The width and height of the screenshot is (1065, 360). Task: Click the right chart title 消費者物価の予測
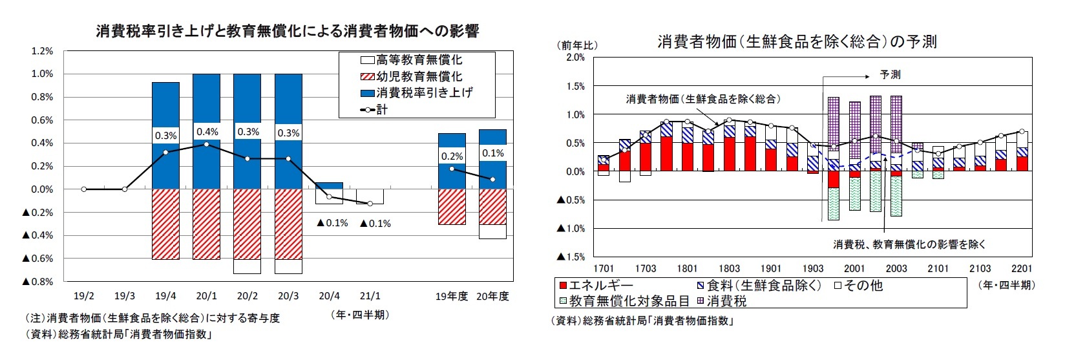coord(796,42)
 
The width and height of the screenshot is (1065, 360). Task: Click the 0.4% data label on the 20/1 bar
coord(207,132)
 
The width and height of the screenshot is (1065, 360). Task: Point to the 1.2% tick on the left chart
coord(42,51)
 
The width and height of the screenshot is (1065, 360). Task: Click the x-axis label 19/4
coord(165,296)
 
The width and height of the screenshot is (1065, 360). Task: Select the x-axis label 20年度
coord(492,296)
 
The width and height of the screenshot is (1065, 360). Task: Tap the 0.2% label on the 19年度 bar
coord(452,156)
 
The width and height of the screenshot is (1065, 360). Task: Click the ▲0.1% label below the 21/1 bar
coord(375,224)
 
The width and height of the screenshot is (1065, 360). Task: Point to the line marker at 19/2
coord(84,189)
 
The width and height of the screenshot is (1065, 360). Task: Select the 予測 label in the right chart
coord(890,75)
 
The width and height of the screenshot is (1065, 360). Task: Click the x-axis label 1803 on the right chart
coord(729,269)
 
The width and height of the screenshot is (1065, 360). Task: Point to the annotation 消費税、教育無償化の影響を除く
coord(909,244)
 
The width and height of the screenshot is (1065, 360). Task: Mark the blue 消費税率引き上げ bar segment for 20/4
coord(329,186)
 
